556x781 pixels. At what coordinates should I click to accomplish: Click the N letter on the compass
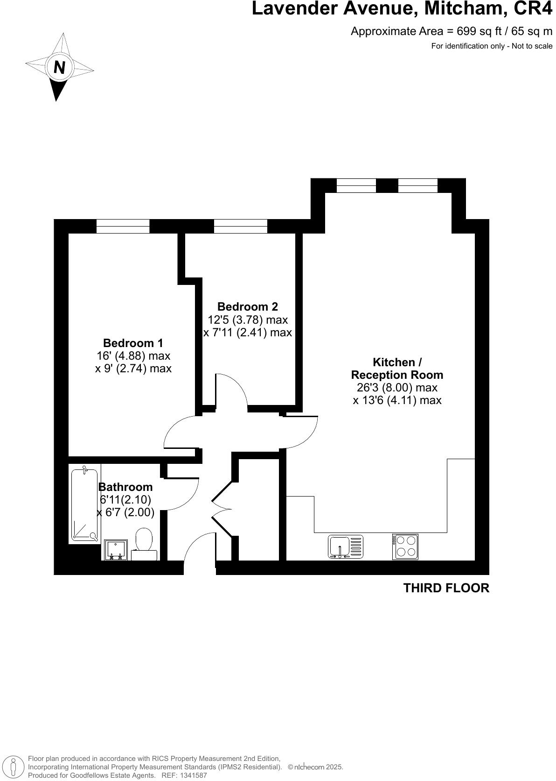59,68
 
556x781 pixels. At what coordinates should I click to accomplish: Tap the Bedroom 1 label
133,343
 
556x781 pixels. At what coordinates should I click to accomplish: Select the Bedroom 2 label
247,306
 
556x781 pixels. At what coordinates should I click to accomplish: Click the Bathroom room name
125,487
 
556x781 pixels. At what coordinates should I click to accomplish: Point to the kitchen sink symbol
345,547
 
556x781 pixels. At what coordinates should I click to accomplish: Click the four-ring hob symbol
405,547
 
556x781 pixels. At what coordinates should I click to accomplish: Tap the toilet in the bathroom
144,543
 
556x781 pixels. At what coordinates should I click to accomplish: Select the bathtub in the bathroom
85,504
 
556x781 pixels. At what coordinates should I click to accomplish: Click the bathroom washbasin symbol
115,550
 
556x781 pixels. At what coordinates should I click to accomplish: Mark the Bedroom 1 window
123,226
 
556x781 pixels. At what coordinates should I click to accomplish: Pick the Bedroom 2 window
241,226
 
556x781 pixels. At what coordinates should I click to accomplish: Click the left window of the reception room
356,185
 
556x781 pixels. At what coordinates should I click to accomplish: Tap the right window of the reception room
418,185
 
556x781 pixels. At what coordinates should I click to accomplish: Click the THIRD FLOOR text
446,588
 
